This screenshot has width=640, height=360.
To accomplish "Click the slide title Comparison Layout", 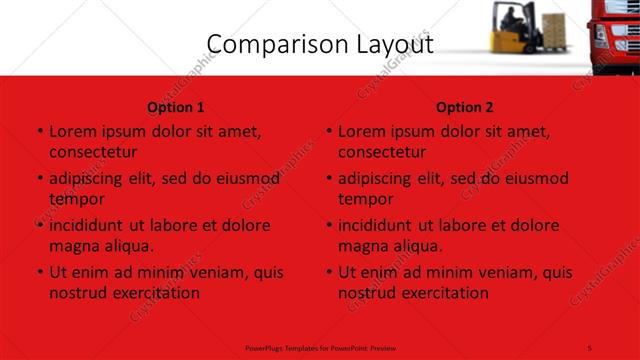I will click(x=319, y=44).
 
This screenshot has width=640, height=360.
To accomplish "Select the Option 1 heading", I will click(x=176, y=107).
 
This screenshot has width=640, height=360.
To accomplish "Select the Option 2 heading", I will click(x=465, y=107).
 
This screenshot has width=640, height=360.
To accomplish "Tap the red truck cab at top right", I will click(x=614, y=30).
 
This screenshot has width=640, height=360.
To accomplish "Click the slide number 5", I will click(x=590, y=347).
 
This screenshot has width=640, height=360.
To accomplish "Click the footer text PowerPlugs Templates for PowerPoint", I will click(x=320, y=347).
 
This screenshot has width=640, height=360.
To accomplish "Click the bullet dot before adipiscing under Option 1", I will click(x=39, y=179).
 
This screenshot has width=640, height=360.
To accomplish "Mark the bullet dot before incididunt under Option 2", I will click(x=328, y=226).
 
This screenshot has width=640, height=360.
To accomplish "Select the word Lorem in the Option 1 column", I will click(x=72, y=131).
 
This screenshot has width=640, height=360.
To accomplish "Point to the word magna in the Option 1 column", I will click(x=73, y=245).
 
